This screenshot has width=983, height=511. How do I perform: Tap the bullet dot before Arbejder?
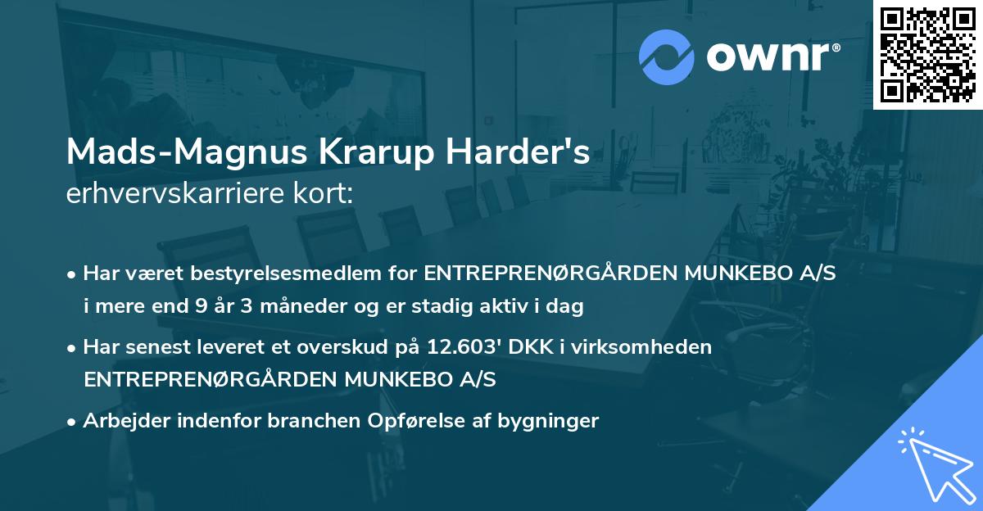[x=73, y=422]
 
